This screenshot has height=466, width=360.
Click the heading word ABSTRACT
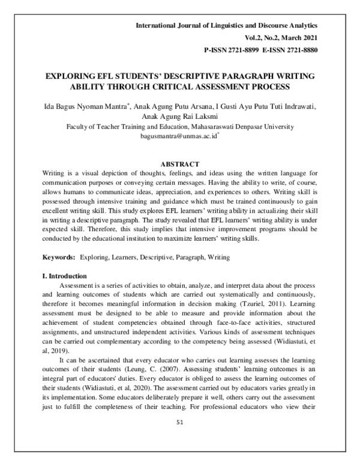point(179,163)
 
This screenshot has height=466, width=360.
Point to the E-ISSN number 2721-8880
point(298,49)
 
